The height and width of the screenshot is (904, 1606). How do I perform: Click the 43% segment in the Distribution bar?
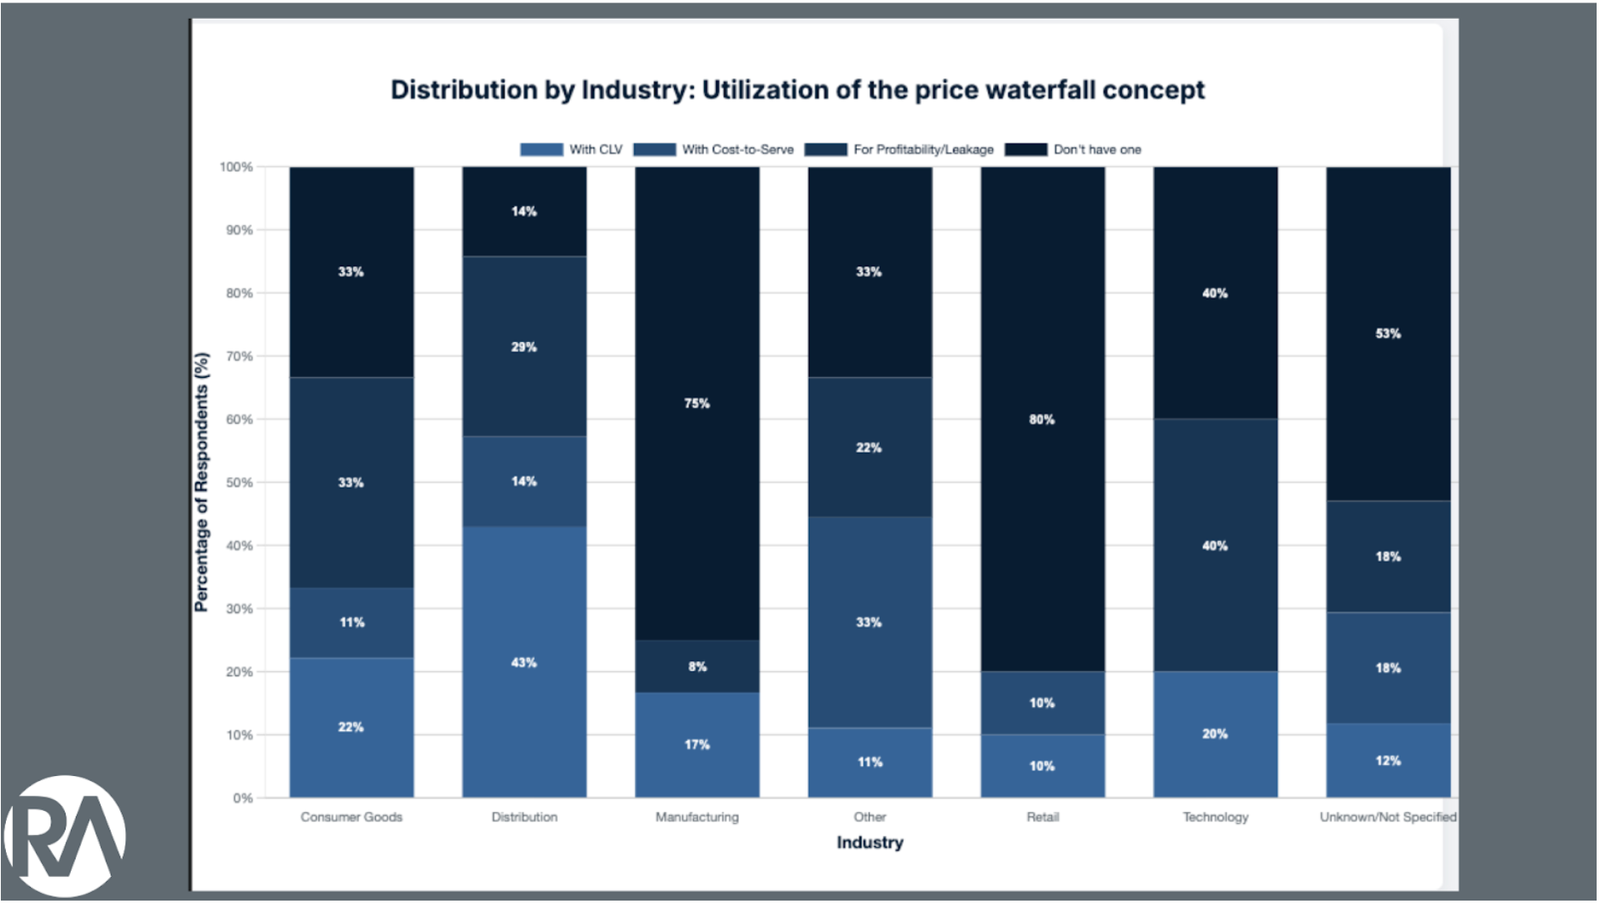524,662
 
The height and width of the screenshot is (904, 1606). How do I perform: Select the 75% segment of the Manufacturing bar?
696,403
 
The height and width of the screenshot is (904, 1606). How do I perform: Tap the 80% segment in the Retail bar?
1042,419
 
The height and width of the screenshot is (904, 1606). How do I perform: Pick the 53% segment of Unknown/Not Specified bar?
1388,333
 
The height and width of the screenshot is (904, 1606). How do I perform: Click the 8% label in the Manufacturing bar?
697,667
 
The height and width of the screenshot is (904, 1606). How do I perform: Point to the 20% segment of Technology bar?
1215,734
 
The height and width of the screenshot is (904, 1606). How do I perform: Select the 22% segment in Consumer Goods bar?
351,727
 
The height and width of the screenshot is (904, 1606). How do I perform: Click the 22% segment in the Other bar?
869,448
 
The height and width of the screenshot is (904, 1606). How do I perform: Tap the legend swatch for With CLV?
541,150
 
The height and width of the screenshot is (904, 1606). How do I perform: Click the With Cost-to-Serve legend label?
737,150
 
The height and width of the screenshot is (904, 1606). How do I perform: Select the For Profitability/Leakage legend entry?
923,150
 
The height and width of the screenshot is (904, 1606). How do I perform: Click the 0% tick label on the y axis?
243,798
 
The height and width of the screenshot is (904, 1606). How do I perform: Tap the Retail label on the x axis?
1043,817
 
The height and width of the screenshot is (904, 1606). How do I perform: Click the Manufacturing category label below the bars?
696,817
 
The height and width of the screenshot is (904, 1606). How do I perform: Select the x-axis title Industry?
869,843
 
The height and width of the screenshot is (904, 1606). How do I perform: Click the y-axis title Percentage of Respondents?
201,482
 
